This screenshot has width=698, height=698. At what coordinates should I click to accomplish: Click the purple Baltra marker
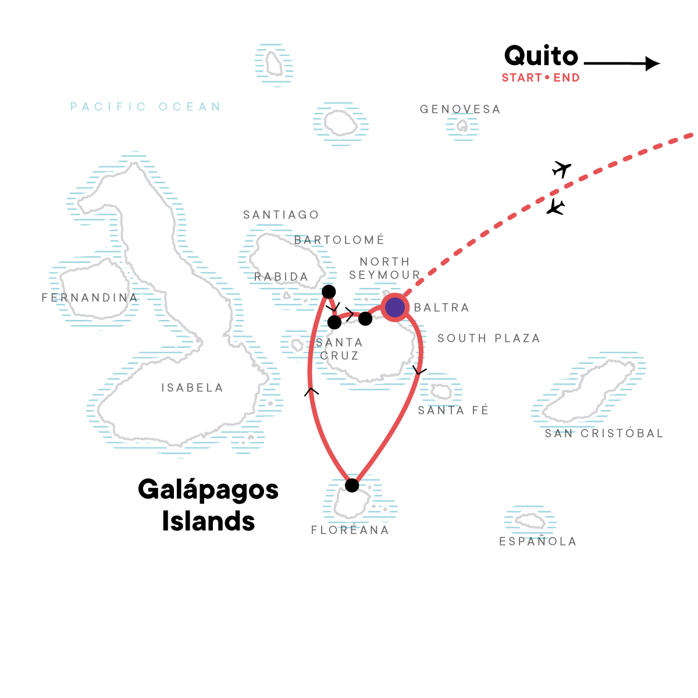[394, 307]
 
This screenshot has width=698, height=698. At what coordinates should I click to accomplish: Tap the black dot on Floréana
[352, 485]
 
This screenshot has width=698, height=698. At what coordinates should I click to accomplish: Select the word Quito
[541, 56]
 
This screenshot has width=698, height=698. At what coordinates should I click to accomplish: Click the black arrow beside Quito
[622, 63]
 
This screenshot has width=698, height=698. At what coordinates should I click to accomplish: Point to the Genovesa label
[460, 109]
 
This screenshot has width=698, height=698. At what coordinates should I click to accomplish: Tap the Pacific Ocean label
[145, 106]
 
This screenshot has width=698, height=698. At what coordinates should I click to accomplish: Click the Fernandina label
[90, 297]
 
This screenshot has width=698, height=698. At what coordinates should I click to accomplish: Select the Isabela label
[192, 387]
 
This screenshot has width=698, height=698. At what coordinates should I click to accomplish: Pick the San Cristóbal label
[604, 433]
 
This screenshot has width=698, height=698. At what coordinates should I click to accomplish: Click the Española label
[537, 541]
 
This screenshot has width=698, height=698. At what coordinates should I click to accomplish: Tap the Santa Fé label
[453, 410]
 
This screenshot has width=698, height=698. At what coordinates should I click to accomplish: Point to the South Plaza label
[489, 338]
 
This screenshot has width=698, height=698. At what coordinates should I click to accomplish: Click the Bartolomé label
[339, 240]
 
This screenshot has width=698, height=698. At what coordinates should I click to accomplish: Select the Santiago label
[281, 215]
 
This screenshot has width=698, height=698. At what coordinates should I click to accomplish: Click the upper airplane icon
[561, 169]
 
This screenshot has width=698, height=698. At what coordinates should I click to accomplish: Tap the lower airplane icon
[555, 208]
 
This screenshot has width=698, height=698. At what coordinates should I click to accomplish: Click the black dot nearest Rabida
[329, 291]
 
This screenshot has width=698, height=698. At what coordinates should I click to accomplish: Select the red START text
[522, 77]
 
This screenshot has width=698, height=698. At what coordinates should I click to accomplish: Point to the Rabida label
[281, 277]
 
